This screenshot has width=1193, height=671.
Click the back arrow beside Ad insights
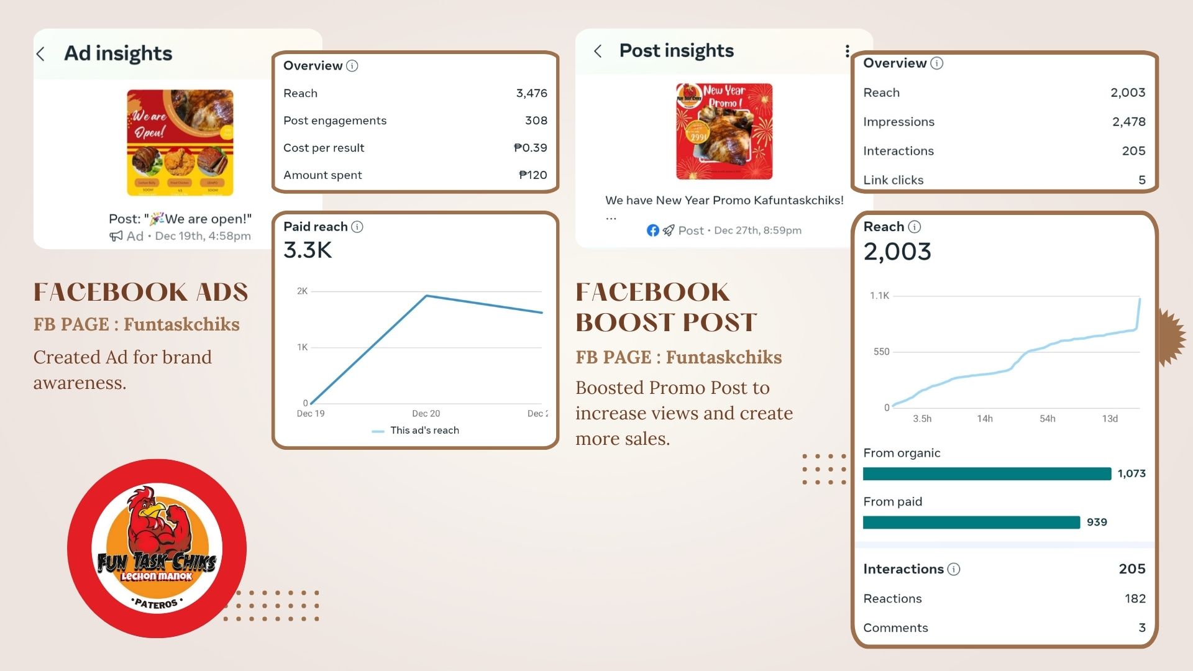click(41, 54)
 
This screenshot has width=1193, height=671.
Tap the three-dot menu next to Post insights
click(847, 51)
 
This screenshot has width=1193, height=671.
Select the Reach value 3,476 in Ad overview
click(531, 93)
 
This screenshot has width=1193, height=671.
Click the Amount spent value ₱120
click(533, 175)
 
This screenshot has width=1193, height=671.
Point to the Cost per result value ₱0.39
click(530, 148)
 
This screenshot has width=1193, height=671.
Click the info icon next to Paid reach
click(357, 227)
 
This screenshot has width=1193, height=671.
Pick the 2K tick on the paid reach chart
click(302, 291)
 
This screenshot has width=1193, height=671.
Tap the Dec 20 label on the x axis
click(426, 414)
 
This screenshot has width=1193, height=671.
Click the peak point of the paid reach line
click(426, 296)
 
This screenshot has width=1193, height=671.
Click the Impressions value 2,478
click(1128, 122)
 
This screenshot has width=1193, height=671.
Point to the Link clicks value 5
click(1141, 180)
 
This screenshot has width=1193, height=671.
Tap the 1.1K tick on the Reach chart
click(879, 296)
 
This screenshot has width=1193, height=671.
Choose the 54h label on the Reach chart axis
click(1047, 419)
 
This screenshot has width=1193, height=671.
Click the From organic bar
click(987, 474)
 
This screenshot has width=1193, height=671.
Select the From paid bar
click(971, 523)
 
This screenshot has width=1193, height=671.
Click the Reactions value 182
click(1135, 598)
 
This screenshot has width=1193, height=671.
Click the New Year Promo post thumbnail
click(724, 132)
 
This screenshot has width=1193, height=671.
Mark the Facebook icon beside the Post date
click(652, 231)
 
